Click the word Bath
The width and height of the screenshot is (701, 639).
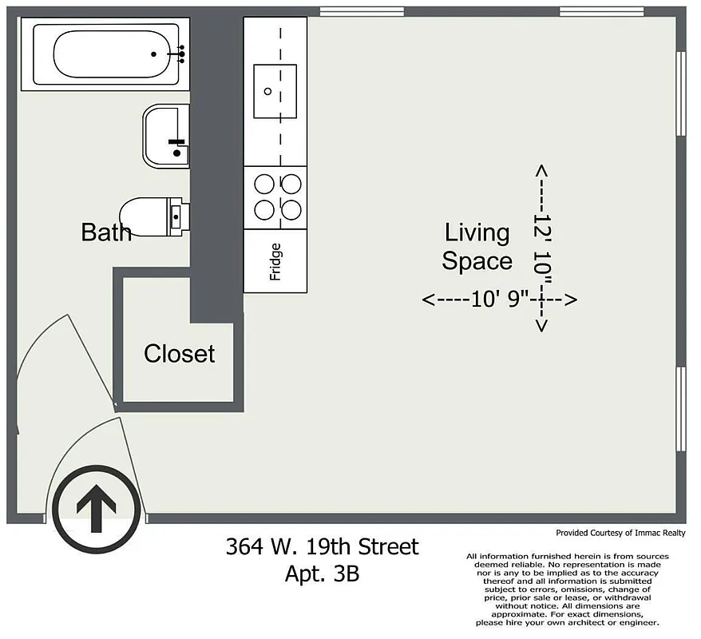[x=106, y=232]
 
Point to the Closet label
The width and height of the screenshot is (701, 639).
[x=179, y=353]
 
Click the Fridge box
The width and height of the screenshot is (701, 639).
[x=275, y=261]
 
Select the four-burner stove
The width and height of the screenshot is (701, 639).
[x=275, y=197]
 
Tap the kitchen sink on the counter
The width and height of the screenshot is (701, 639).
[x=275, y=91]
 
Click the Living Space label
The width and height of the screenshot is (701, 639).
[x=477, y=247]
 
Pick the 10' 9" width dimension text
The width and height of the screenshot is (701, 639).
[x=500, y=300]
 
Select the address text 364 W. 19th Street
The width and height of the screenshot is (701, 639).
[x=322, y=547]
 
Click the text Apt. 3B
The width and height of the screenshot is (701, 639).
[x=322, y=573]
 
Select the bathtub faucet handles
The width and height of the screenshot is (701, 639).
[x=180, y=54]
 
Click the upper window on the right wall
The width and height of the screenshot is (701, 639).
[x=681, y=93]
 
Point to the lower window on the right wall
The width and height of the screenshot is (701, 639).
[x=681, y=409]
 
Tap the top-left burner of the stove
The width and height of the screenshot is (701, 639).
[x=263, y=184]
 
